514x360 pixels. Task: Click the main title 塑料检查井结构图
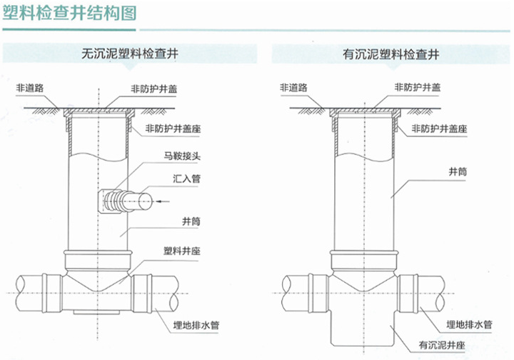click(x=69, y=14)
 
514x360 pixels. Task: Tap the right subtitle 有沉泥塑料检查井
click(x=390, y=54)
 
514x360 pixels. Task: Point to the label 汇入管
click(x=186, y=179)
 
